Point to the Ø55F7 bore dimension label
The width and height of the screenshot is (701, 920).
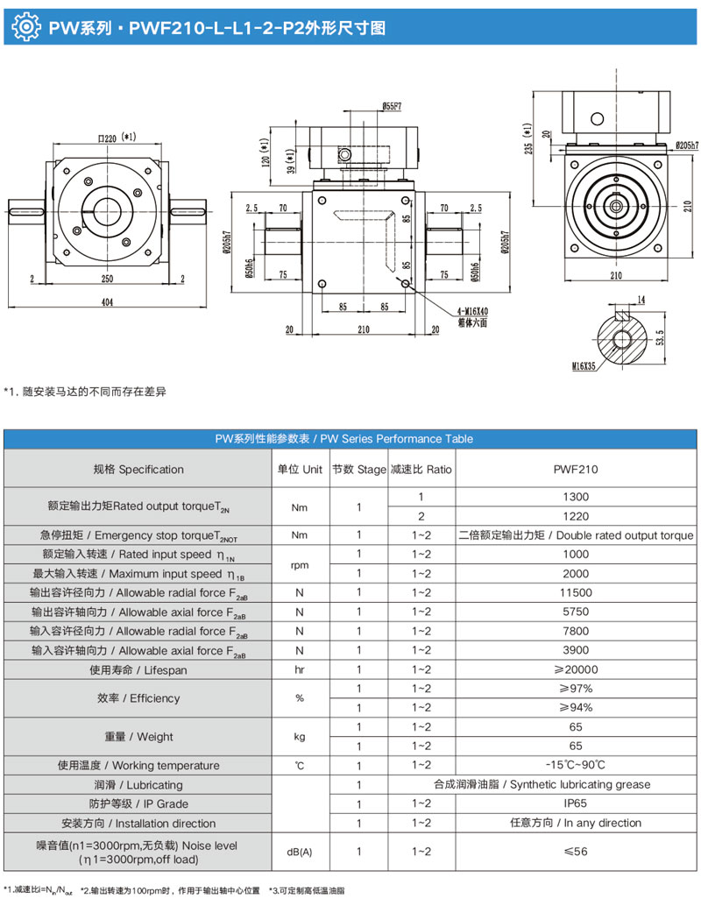coord(392,106)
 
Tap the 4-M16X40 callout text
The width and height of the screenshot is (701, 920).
coord(474,312)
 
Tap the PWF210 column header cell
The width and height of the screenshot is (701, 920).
coord(576,470)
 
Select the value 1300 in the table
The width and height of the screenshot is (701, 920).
coord(576,497)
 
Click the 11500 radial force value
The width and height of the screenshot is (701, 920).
coord(576,592)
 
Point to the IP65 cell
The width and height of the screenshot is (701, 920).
coord(576,803)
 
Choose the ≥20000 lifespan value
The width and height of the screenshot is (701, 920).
coord(576,669)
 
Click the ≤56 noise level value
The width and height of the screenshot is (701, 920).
coord(576,852)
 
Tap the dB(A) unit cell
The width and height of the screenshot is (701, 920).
coord(300,852)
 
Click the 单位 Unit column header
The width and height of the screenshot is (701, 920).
coord(300,470)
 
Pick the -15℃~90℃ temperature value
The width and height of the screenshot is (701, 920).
coord(576,765)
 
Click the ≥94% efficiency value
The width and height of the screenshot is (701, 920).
coord(576,707)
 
